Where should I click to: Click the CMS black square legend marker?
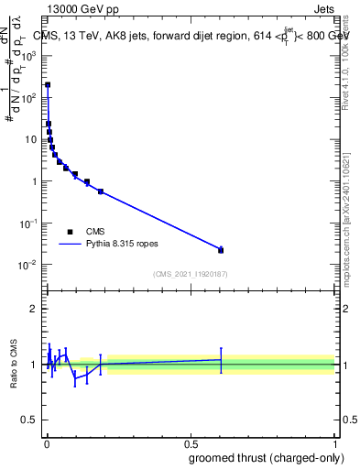click(71, 232)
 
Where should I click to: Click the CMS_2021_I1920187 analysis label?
click(191, 274)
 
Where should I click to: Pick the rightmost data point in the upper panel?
click(221, 250)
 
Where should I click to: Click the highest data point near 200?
click(48, 84)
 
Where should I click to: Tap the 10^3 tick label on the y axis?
click(27, 55)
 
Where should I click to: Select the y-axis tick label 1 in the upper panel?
click(33, 181)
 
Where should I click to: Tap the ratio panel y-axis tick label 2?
click(33, 309)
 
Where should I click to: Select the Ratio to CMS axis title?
click(14, 365)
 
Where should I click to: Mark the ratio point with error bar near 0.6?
click(221, 359)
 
